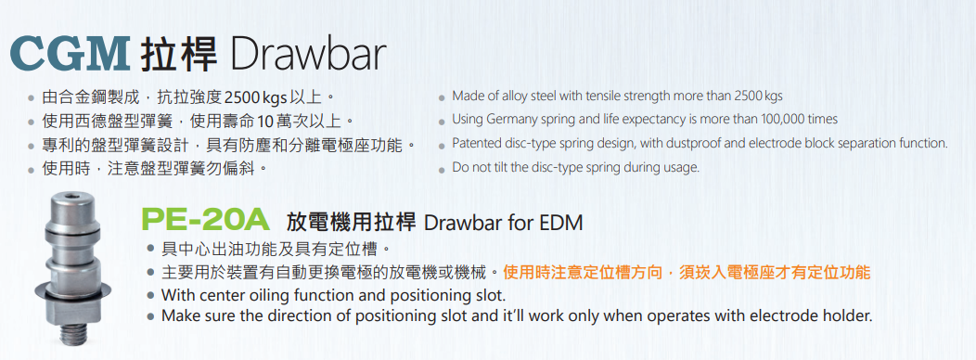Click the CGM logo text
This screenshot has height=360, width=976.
(69, 54)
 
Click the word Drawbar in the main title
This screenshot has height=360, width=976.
(307, 55)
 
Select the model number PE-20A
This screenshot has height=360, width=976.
(205, 221)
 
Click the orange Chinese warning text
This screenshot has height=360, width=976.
(687, 272)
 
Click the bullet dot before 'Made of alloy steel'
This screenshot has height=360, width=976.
(442, 97)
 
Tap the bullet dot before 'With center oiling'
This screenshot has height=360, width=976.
(150, 295)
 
